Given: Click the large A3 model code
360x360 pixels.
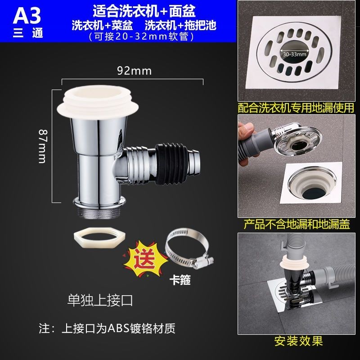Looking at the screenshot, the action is (27, 16).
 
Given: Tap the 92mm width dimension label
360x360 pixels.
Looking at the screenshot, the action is (134, 71).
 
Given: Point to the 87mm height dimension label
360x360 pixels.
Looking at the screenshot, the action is (43, 146).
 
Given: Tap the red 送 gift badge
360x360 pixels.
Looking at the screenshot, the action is (145, 259).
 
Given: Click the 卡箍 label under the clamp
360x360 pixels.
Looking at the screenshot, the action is (180, 280).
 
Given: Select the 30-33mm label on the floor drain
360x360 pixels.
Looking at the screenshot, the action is (295, 54).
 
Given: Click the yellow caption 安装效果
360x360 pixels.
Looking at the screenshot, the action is (299, 341).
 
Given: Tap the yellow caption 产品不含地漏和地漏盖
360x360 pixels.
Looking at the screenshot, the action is (297, 224).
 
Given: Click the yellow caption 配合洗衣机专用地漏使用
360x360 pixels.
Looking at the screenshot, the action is (296, 108).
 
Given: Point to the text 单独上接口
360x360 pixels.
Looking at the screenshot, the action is (100, 301).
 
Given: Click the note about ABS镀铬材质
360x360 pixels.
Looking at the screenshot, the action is (107, 328).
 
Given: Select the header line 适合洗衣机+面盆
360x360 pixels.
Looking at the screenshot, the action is (144, 11).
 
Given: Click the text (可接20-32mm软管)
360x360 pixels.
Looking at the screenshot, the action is (141, 37).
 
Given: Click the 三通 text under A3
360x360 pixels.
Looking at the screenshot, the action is (28, 33).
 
